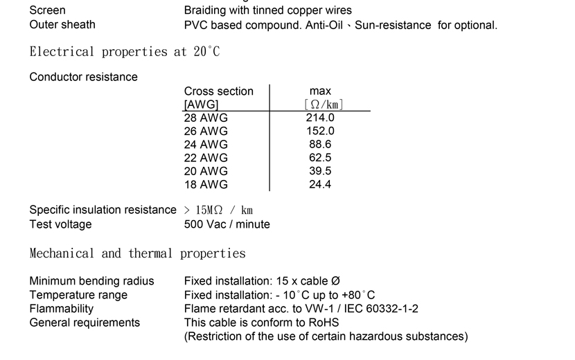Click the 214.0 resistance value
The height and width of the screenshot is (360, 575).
coord(320,118)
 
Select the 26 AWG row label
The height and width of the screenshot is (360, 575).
coord(206,132)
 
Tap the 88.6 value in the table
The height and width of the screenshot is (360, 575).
coord(320,145)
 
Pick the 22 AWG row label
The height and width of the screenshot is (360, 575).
coord(206,158)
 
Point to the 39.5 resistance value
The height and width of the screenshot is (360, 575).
coord(320,171)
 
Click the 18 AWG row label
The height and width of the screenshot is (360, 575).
coord(206,185)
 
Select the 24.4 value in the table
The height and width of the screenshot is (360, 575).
coord(320,184)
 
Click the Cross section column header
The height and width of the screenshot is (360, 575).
coord(218,91)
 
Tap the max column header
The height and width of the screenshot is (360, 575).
coord(320,91)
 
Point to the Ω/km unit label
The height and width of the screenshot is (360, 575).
coord(324,105)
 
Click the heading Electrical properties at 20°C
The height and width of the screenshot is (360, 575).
coord(125,52)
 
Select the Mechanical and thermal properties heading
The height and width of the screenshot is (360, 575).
coord(138,253)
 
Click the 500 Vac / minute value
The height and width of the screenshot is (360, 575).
coord(227,224)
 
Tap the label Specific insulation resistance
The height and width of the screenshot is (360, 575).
coord(103,210)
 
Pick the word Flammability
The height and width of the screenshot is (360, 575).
coord(61,309)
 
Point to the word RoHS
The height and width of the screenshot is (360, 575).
coord(324,323)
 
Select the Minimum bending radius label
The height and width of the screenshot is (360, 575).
coord(91,281)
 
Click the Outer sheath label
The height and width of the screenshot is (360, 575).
coord(62,24)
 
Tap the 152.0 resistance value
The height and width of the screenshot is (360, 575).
coord(320,132)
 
